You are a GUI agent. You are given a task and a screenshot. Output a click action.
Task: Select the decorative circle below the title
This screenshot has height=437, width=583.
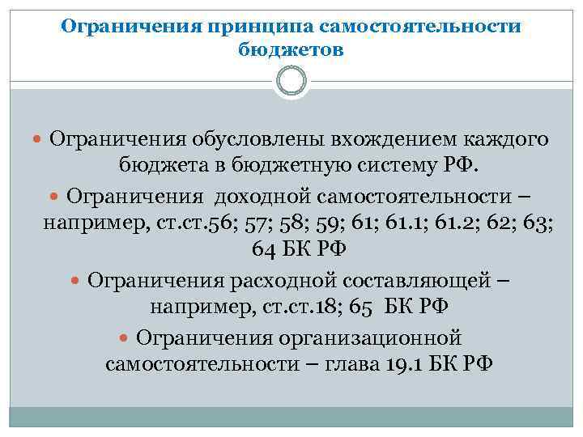click(x=291, y=82)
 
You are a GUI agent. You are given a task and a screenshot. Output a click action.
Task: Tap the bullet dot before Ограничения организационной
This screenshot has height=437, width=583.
click(x=126, y=336)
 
